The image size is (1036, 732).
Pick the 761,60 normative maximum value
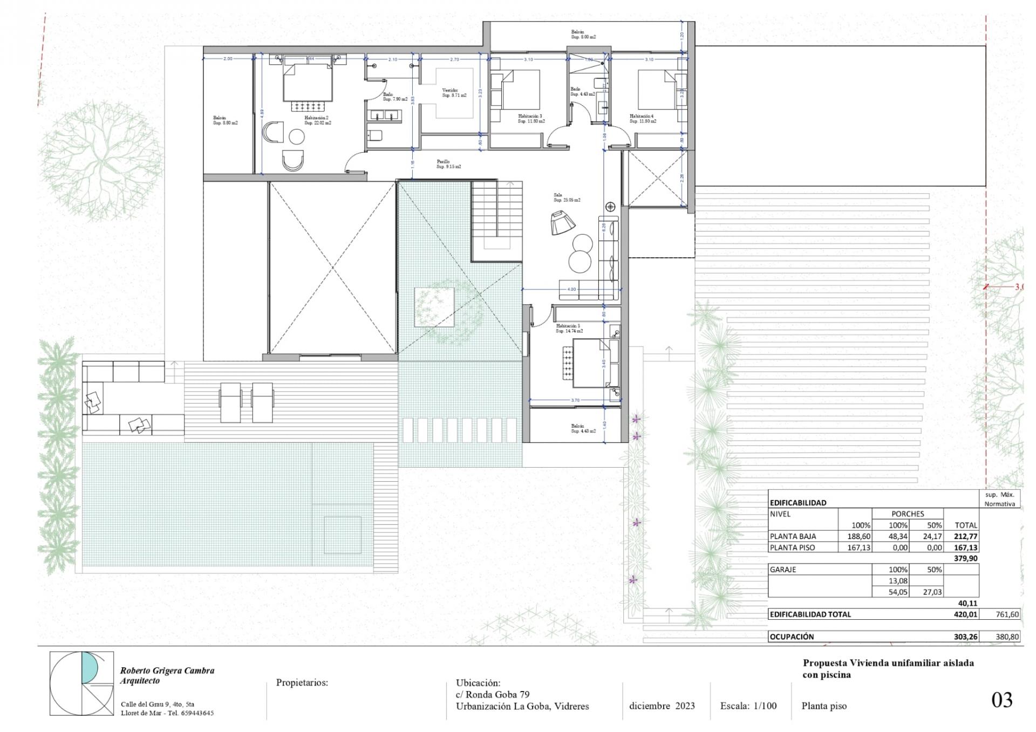[1007, 614]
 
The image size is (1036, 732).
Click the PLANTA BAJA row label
[793, 536]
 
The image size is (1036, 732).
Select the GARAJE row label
[783, 569]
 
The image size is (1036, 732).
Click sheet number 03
[1001, 700]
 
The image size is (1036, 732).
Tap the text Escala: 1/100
[748, 706]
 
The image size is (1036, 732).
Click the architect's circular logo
[81, 683]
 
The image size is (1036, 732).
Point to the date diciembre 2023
[662, 706]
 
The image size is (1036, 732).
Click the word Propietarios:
[302, 682]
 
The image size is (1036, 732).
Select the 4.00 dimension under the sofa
[571, 289]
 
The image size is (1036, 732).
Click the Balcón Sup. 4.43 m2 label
[583, 428]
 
